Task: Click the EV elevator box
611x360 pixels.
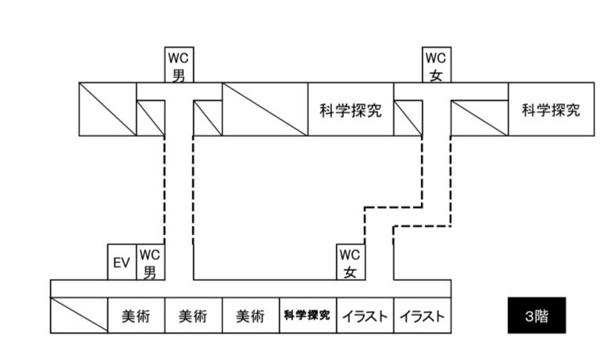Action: click(121, 262)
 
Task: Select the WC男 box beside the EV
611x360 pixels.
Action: click(150, 262)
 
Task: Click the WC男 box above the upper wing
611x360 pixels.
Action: click(179, 66)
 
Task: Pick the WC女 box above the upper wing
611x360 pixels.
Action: click(436, 66)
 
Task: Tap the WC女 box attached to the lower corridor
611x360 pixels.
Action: click(350, 262)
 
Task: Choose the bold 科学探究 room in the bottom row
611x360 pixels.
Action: click(307, 316)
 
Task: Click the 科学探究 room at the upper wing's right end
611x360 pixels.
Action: click(551, 109)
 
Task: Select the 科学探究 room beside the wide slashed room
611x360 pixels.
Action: click(350, 109)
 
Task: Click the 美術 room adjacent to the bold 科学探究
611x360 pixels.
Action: click(250, 316)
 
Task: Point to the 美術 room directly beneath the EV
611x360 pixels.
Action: click(135, 316)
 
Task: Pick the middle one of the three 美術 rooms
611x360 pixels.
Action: click(193, 316)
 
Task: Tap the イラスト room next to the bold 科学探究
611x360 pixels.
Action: click(364, 316)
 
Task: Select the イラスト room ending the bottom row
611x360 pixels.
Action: click(422, 316)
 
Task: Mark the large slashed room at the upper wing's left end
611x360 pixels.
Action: click(108, 109)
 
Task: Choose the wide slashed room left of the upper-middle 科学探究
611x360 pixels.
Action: click(265, 109)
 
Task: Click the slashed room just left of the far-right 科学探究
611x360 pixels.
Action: click(479, 118)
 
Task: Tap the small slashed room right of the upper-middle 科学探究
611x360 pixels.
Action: click(407, 118)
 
